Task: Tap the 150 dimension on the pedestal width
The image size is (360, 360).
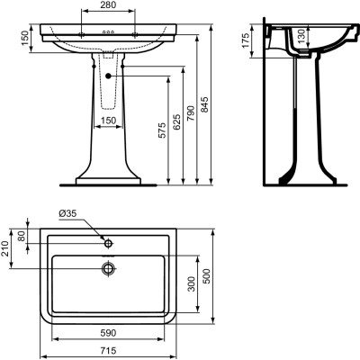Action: [x=109, y=121]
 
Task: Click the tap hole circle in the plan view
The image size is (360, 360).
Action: [x=109, y=243]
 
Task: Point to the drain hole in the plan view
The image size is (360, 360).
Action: [x=109, y=267]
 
